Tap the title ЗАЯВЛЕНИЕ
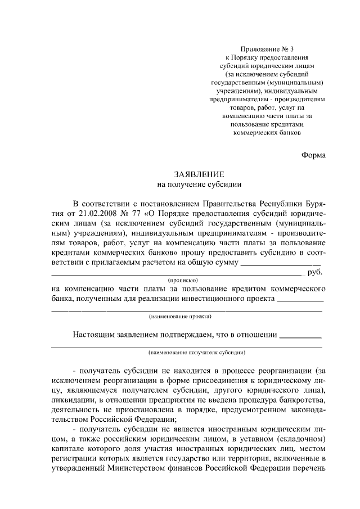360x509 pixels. pyautogui.click(x=192, y=174)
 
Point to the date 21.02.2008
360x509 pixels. pyautogui.click(x=92, y=214)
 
